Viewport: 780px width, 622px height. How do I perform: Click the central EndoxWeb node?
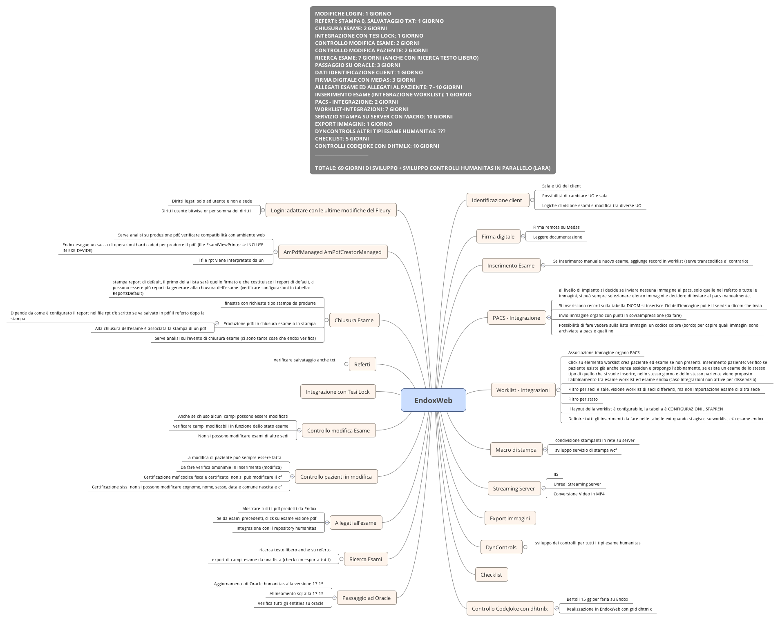(433, 400)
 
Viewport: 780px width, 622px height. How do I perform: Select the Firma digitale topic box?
(498, 236)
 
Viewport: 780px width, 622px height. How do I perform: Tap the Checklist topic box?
(491, 575)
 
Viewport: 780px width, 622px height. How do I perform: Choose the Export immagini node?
(510, 518)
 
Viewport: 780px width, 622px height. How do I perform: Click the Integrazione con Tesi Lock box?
(337, 392)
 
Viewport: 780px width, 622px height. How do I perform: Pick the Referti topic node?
(362, 364)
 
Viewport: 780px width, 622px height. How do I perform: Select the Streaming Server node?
(514, 488)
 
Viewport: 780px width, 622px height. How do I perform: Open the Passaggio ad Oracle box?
(366, 598)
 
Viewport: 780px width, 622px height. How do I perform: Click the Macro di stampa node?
(516, 450)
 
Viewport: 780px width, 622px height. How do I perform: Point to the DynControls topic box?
(501, 547)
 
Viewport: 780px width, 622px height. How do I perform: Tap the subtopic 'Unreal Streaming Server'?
(577, 484)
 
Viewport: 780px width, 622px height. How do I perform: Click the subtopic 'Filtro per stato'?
(583, 399)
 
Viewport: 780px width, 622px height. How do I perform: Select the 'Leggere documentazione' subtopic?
(557, 237)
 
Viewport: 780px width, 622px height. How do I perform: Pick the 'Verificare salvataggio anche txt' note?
(304, 360)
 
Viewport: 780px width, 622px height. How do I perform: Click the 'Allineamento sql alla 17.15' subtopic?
(296, 593)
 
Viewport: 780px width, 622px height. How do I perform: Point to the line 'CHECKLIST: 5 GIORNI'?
(342, 138)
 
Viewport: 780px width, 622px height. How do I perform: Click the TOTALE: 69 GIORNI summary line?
(432, 168)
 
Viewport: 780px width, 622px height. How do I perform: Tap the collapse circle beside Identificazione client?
(532, 200)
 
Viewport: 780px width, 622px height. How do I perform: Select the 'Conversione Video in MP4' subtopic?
(579, 494)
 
